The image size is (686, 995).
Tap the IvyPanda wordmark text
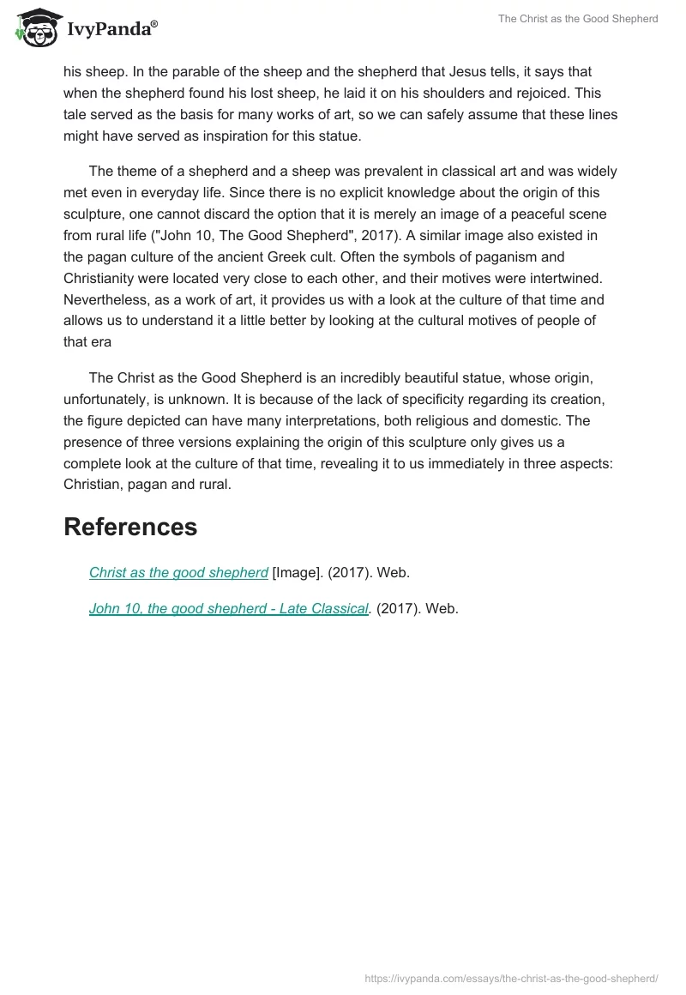coord(111,29)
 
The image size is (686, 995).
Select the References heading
coord(130,527)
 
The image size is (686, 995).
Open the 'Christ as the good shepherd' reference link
coord(178,572)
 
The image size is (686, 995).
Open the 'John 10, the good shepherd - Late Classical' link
coord(229,608)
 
